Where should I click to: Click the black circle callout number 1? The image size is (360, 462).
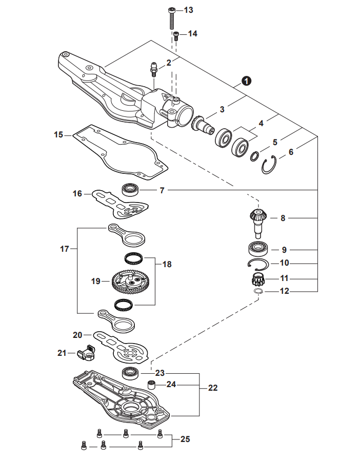[247, 81]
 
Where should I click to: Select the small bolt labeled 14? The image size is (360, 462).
[176, 35]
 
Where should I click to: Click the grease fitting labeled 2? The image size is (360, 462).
[152, 69]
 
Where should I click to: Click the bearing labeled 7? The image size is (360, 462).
[131, 189]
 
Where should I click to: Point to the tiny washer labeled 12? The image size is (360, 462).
[259, 291]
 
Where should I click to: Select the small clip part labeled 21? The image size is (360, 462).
[87, 353]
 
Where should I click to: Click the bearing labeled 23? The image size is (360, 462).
[131, 372]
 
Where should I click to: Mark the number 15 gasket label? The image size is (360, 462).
[59, 135]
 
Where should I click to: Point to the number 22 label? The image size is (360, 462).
[212, 388]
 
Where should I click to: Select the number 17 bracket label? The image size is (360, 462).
[65, 249]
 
